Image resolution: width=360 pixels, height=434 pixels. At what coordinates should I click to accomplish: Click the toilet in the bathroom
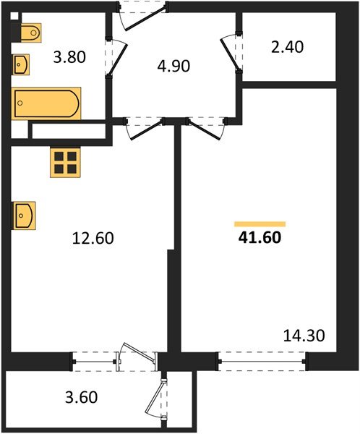click(x=30, y=33)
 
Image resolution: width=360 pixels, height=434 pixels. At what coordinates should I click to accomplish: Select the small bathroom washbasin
click(x=22, y=64)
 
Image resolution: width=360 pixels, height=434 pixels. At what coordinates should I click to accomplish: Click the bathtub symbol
click(x=46, y=102)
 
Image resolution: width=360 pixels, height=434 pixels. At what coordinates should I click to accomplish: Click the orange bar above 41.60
click(x=260, y=224)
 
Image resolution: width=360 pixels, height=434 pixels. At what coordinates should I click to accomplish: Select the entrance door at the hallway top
click(x=143, y=13)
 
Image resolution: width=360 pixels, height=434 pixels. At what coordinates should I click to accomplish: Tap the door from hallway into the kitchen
click(x=145, y=129)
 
